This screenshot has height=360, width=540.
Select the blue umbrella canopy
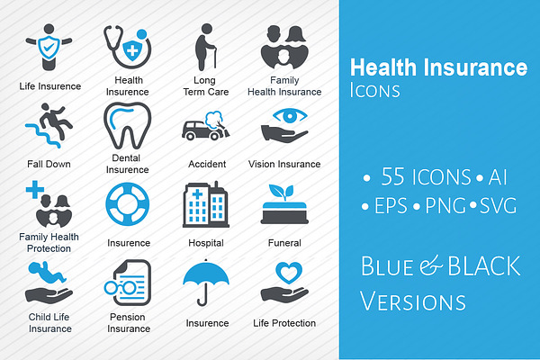point(206,273)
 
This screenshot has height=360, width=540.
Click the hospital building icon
point(206,204)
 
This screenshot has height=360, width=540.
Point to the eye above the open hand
point(290,115)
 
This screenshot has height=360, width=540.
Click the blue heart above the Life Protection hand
point(289,272)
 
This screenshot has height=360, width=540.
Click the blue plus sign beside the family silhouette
point(35,190)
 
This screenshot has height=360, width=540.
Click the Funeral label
point(284,243)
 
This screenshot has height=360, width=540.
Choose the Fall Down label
point(49,164)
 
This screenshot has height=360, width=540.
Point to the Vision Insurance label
point(284,164)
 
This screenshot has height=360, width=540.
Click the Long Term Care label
point(205,86)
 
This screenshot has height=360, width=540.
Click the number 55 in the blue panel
point(392,176)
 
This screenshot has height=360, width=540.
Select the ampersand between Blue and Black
point(430,266)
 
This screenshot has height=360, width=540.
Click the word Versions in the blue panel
point(412,301)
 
